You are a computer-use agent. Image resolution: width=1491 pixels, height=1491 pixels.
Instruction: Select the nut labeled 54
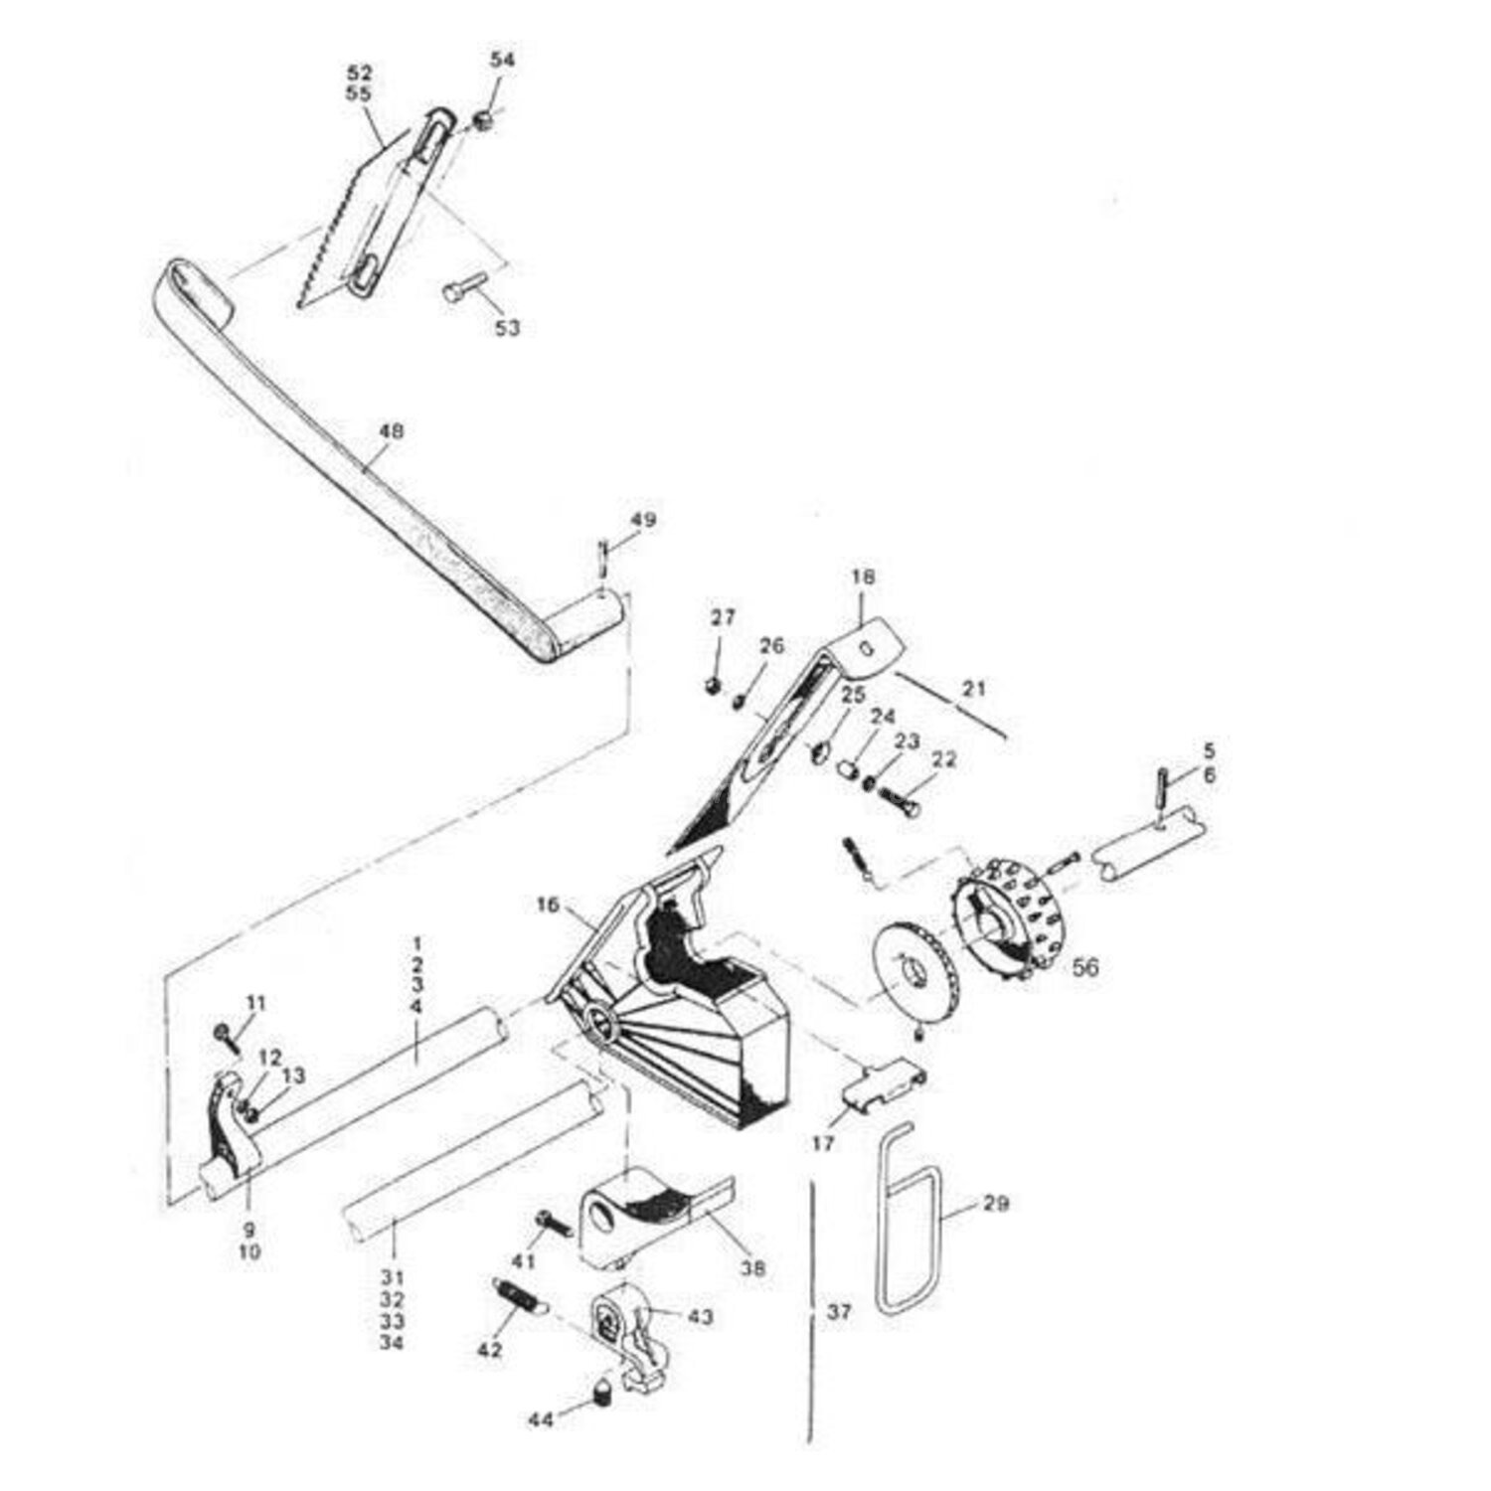click(483, 121)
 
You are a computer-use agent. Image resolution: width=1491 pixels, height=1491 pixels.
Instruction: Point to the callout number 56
click(1085, 965)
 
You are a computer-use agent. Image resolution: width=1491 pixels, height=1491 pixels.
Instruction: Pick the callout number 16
click(548, 905)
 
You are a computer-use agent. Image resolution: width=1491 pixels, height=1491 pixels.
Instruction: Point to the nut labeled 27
click(712, 686)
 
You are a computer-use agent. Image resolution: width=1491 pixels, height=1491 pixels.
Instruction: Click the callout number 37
click(839, 1312)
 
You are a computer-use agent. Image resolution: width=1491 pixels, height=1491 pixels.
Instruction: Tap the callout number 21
click(974, 687)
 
